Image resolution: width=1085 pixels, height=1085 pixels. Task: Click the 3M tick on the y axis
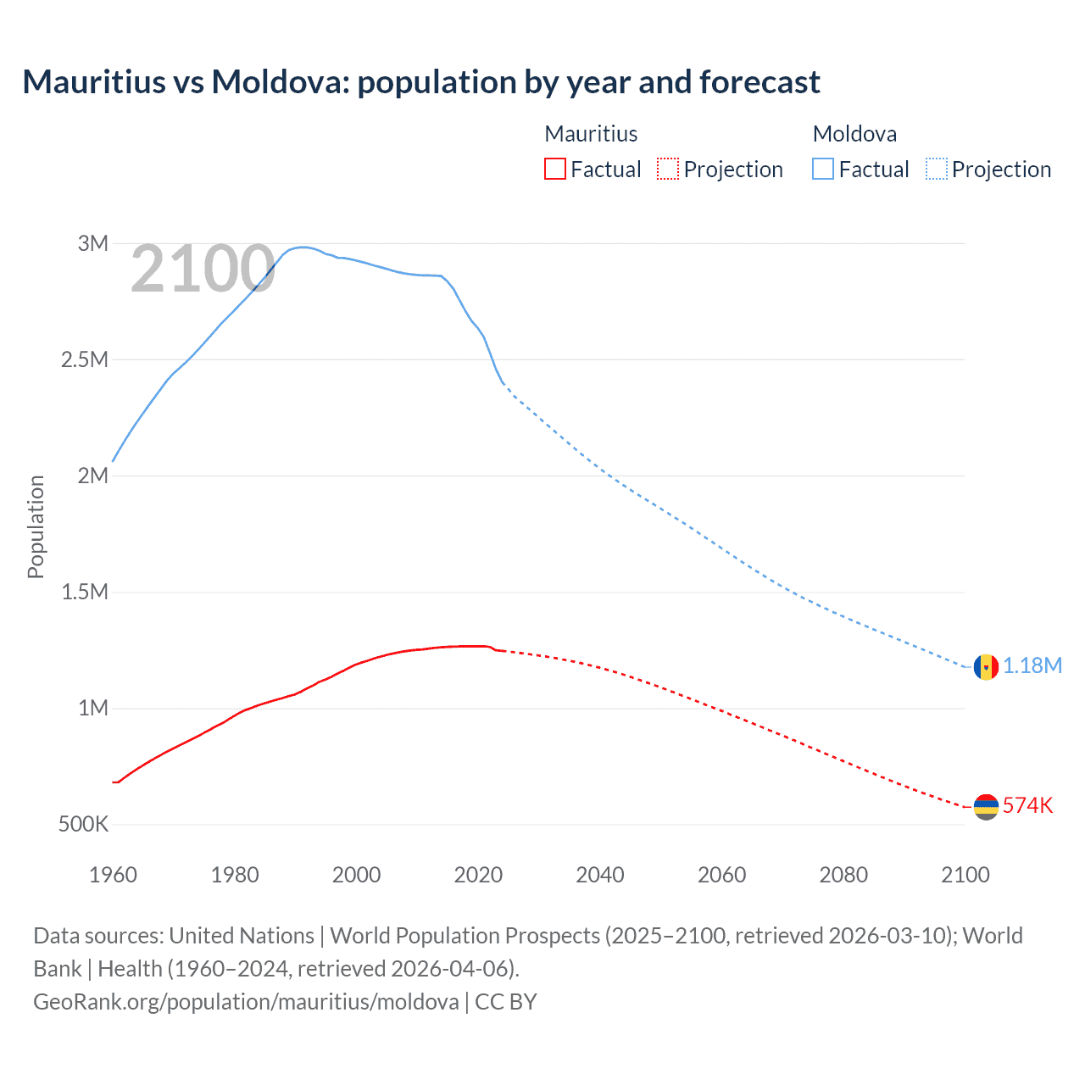point(93,244)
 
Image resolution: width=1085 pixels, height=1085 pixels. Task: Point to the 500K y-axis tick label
point(83,824)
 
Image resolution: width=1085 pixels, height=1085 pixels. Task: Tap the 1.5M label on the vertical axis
point(85,592)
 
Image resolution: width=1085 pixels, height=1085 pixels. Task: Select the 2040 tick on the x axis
point(600,875)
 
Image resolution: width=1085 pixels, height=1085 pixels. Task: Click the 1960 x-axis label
point(113,875)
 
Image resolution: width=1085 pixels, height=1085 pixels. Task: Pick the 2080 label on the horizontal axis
point(843,875)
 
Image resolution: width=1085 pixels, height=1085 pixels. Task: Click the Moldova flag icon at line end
point(986,666)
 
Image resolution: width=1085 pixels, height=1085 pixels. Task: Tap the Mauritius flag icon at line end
point(986,806)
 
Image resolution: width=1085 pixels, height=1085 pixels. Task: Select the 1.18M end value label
point(1032,665)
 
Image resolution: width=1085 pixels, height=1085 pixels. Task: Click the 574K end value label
point(1027,805)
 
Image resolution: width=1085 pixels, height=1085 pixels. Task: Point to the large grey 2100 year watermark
point(203,270)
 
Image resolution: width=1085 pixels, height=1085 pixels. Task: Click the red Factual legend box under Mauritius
point(554,169)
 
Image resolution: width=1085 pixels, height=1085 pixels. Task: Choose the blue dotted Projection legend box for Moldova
point(936,169)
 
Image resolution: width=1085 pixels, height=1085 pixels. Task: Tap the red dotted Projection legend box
point(668,169)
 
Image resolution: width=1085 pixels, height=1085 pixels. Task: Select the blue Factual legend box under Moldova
point(823,169)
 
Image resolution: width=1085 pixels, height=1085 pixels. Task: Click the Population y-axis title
point(36,526)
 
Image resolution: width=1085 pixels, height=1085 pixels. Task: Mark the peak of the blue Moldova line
point(303,247)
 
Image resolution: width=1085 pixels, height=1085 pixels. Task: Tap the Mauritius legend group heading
point(591,134)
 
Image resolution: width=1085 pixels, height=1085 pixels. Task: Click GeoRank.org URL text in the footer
point(246,1002)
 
